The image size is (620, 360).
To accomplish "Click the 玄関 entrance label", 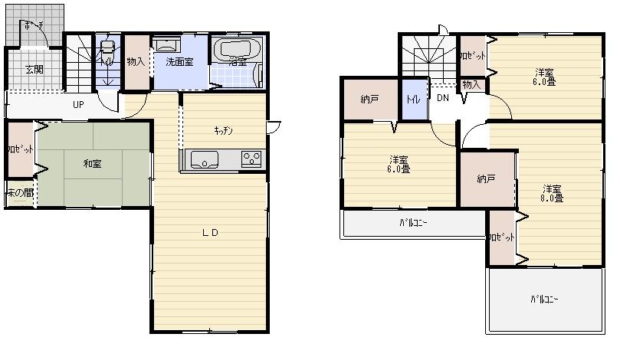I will (x=34, y=70).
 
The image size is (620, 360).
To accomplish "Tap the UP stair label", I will (x=79, y=104).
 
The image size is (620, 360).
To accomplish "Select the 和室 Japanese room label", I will (x=93, y=162).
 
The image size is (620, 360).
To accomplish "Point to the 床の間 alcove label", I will (x=20, y=193).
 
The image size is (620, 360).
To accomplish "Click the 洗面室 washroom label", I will (x=180, y=62).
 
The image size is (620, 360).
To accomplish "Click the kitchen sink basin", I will (x=205, y=160).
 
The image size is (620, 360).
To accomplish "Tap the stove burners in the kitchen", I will (x=251, y=159).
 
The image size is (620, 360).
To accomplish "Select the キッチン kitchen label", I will (x=224, y=130).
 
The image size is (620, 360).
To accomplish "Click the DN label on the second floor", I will (x=443, y=98).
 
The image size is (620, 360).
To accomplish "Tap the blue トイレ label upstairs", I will (x=413, y=99).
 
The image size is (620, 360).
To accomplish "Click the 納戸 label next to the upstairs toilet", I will (x=369, y=99).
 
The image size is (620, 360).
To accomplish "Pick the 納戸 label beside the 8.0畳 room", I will (x=486, y=179).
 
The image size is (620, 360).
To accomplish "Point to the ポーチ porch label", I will (x=34, y=25).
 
